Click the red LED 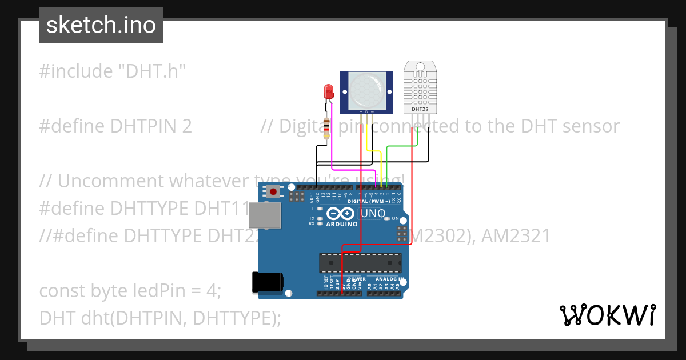pos(328,91)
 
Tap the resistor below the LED pos(326,129)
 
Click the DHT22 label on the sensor pos(420,109)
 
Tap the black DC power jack pos(268,282)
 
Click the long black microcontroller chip pos(360,263)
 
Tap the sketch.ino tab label pos(101,25)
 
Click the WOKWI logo pos(607,315)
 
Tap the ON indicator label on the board pos(395,218)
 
